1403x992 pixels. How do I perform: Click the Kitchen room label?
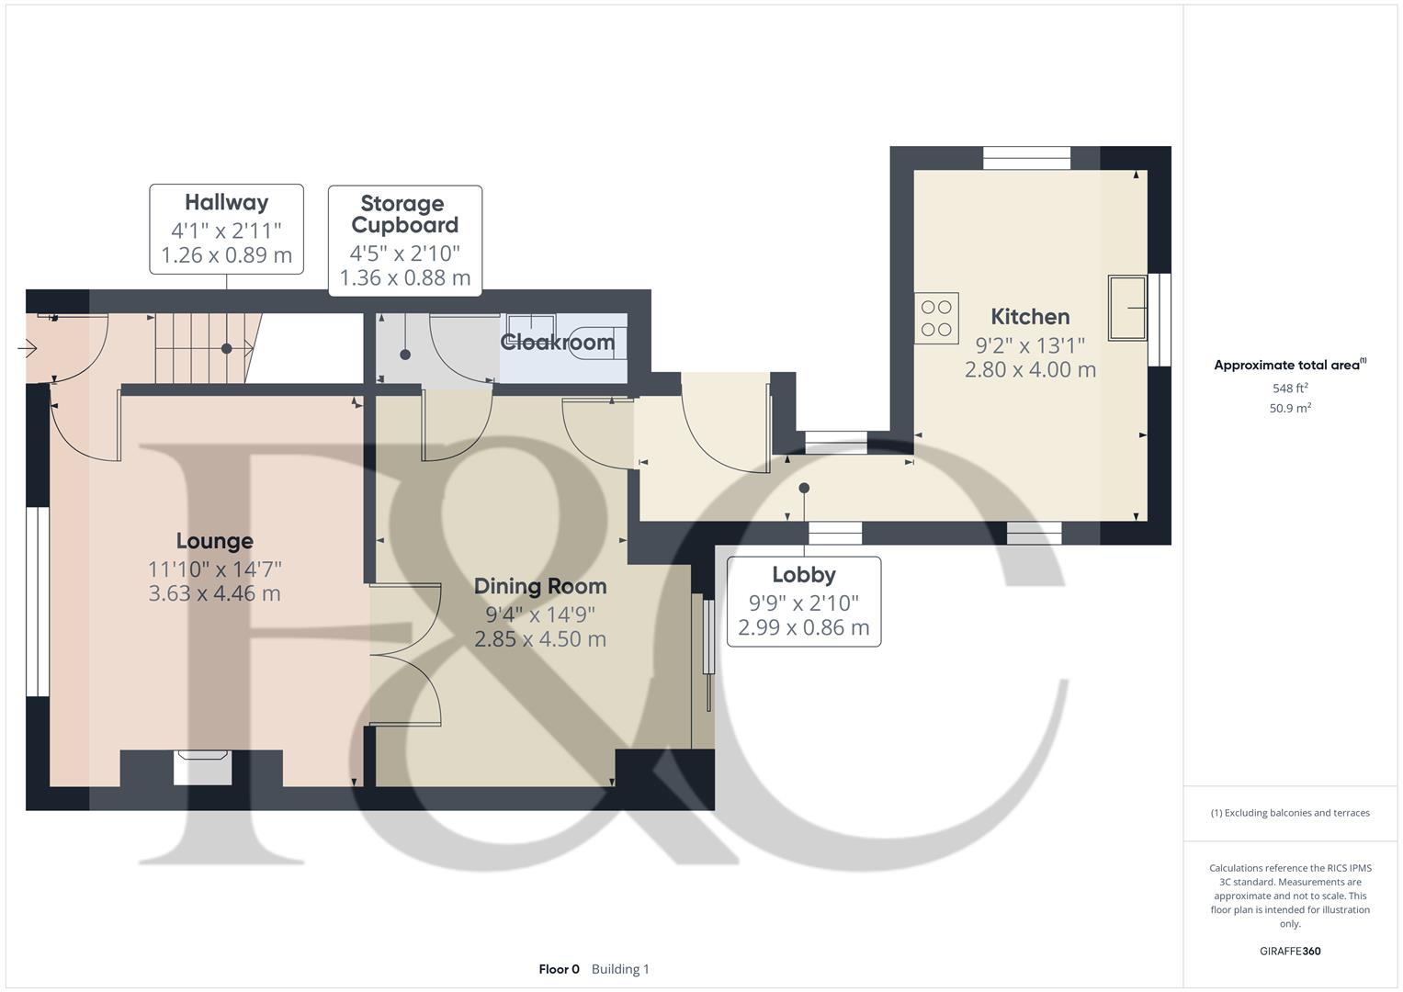pos(1029,317)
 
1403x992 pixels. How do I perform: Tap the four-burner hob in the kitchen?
pos(936,318)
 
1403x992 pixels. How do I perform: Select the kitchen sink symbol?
pos(1127,308)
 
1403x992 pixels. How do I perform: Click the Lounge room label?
pos(214,541)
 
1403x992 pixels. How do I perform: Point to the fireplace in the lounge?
pos(202,767)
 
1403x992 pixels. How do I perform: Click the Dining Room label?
pos(539,586)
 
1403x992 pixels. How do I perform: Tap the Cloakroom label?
pos(557,343)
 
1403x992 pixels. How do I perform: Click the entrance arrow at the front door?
pos(27,348)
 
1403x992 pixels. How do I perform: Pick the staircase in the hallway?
pos(202,348)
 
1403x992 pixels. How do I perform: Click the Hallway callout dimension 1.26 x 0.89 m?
pos(226,255)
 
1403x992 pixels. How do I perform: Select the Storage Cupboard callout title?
pos(404,214)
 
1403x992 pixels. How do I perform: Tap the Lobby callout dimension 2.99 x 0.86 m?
pos(803,628)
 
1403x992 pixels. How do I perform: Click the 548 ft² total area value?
pos(1290,389)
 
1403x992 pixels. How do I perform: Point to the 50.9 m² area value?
pos(1290,409)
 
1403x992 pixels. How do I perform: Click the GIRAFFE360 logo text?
pos(1289,951)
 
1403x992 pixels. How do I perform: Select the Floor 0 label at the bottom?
pos(559,969)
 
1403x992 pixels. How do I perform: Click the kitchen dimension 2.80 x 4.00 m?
pos(1029,370)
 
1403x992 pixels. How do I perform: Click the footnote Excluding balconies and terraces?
pos(1290,813)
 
